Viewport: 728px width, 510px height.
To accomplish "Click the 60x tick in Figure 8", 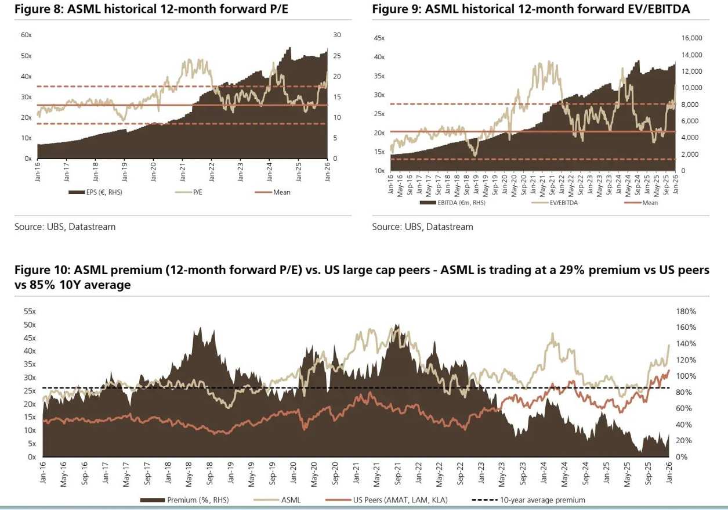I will pos(26,35).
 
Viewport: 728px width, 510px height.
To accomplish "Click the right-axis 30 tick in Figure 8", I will pos(337,35).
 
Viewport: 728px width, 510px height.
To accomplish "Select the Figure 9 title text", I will pos(531,10).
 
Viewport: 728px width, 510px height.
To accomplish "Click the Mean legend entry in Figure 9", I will pos(650,203).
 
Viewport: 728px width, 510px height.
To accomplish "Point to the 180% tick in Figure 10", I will pos(686,312).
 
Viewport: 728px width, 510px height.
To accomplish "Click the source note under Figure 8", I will pos(65,227).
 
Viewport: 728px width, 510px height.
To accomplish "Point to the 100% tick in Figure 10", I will pos(686,376).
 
